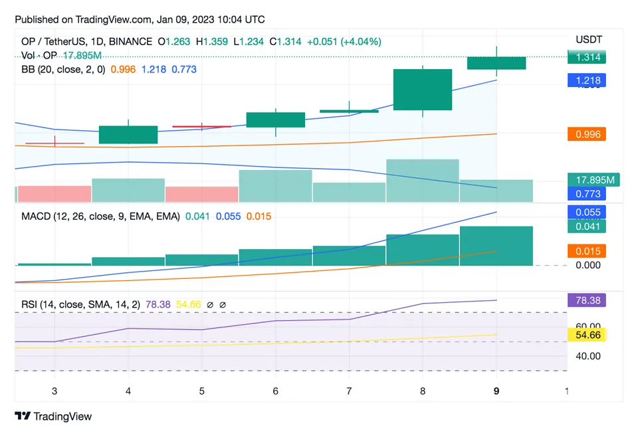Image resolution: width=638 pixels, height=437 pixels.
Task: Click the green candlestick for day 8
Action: [423, 90]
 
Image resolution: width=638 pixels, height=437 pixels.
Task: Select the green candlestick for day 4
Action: [128, 134]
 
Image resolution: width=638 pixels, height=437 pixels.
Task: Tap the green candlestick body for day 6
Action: [276, 120]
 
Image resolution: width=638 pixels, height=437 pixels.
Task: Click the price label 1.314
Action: [587, 57]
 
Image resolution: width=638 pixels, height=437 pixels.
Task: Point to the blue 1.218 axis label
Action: [587, 80]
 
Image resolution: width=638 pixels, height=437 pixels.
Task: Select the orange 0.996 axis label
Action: [587, 134]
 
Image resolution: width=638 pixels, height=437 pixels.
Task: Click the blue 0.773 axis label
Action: [587, 194]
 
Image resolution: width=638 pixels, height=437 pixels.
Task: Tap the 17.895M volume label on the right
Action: [593, 179]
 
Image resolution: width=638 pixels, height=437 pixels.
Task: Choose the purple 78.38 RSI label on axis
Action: [587, 300]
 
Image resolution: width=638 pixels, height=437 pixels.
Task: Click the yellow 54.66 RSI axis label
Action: [587, 335]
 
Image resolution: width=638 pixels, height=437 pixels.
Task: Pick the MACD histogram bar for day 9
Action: [496, 246]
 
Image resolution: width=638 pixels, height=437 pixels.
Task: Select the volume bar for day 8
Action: [423, 181]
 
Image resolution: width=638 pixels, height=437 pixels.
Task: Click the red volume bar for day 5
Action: [202, 194]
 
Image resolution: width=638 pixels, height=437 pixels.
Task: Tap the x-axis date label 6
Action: [275, 391]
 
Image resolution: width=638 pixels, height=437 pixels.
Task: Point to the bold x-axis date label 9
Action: [496, 391]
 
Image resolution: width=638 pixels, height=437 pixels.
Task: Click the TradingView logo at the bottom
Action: [53, 416]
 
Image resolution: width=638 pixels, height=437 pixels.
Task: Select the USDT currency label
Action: [588, 40]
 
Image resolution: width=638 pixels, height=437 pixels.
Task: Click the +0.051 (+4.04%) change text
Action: [344, 41]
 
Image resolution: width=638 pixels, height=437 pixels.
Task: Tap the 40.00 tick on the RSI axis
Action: [587, 356]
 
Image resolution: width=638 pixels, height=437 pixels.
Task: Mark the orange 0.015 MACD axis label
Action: [587, 251]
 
